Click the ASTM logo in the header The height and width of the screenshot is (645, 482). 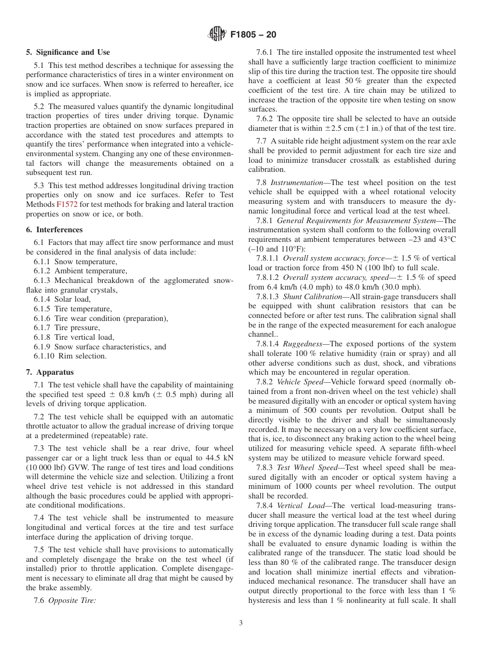pos(217,35)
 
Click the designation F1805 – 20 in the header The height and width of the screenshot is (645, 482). pos(253,35)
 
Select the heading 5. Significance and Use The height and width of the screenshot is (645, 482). pos(68,52)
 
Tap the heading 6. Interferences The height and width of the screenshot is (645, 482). pos(54,230)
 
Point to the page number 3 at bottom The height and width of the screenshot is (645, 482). pos(241,623)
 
